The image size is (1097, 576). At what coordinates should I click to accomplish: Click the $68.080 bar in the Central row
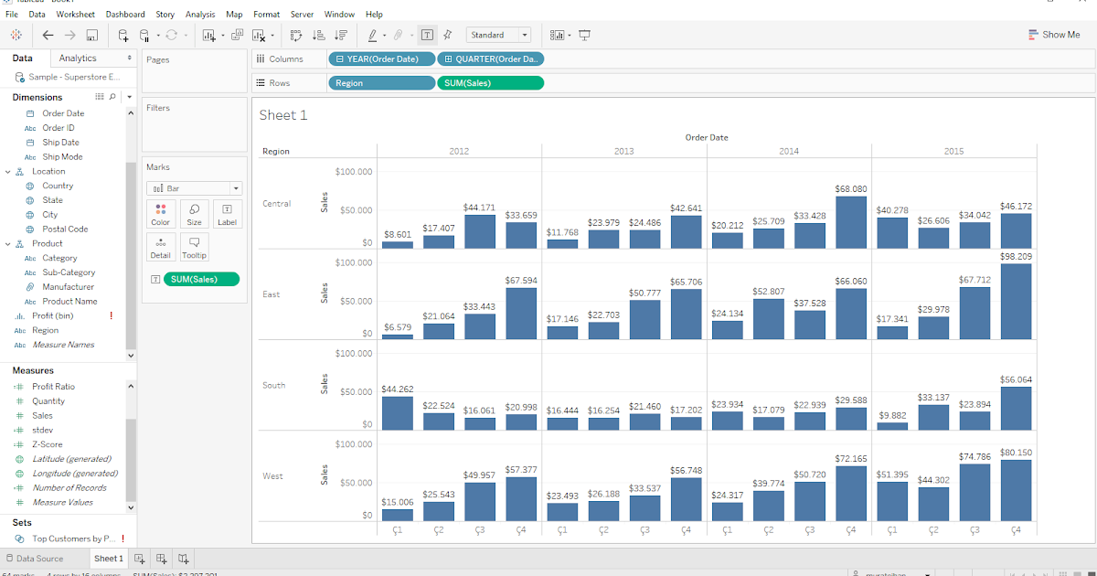tap(850, 222)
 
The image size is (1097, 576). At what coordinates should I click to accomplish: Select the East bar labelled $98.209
tap(1016, 302)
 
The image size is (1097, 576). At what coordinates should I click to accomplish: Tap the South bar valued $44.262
tap(397, 412)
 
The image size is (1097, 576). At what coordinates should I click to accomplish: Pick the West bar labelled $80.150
tap(1016, 490)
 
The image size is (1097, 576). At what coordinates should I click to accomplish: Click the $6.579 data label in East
tap(397, 327)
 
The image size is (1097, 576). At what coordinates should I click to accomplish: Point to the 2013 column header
tap(623, 151)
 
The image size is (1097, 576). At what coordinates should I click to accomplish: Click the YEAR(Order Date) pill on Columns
tap(381, 59)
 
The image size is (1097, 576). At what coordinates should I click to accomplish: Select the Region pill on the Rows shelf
tap(381, 83)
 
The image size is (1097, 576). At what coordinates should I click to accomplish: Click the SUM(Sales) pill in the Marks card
tap(200, 279)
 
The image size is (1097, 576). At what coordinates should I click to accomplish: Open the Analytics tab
tap(78, 59)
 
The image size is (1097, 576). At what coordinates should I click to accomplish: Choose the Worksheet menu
tap(75, 15)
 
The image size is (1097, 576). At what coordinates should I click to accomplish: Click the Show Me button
tap(1053, 35)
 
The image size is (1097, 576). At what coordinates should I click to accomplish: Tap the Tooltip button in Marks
tap(194, 247)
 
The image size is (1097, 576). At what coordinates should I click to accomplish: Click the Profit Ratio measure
tap(53, 387)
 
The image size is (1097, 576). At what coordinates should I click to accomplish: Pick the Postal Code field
tap(65, 229)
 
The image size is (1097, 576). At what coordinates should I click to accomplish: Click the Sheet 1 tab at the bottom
tap(108, 559)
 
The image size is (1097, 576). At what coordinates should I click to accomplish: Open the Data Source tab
tap(39, 559)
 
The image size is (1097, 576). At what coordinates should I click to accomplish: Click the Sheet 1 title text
tap(283, 115)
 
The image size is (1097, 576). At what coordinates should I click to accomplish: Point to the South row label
tap(274, 385)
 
